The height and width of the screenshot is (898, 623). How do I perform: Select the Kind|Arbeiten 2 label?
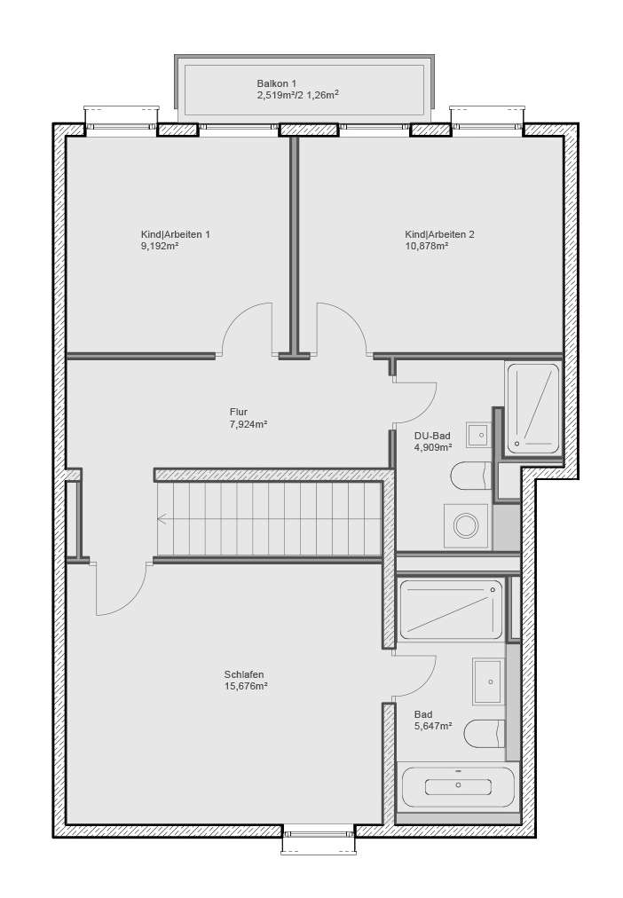click(439, 234)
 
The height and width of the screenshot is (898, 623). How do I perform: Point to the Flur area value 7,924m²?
click(248, 424)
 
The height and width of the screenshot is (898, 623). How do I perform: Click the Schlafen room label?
click(244, 674)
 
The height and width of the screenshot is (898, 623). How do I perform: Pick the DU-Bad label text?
click(432, 435)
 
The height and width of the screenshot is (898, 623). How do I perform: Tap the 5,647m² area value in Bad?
click(433, 726)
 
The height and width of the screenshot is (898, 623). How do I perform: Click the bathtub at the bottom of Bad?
click(457, 786)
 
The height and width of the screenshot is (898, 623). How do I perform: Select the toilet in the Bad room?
click(485, 734)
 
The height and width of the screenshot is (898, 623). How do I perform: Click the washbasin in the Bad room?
click(487, 681)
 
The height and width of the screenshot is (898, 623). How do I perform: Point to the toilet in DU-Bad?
click(470, 477)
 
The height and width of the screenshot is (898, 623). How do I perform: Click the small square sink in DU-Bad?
click(478, 434)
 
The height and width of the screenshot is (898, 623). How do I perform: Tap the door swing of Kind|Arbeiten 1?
click(246, 328)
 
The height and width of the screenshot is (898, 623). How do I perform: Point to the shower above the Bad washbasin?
click(451, 609)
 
